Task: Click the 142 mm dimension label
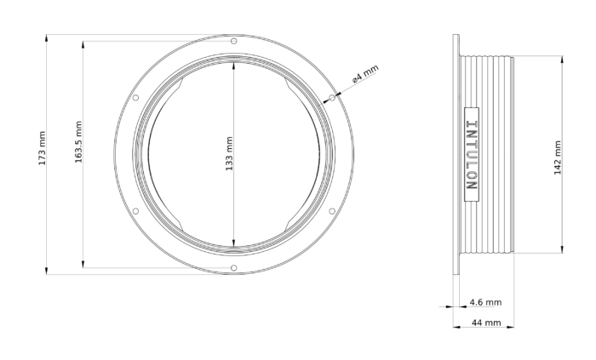(557, 156)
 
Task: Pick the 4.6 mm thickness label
(485, 302)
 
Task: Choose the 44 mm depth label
(485, 323)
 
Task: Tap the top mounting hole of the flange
(234, 42)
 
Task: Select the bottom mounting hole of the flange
(234, 269)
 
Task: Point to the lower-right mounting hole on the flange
(333, 213)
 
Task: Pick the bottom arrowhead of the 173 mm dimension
(49, 272)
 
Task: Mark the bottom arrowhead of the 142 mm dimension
(562, 251)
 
